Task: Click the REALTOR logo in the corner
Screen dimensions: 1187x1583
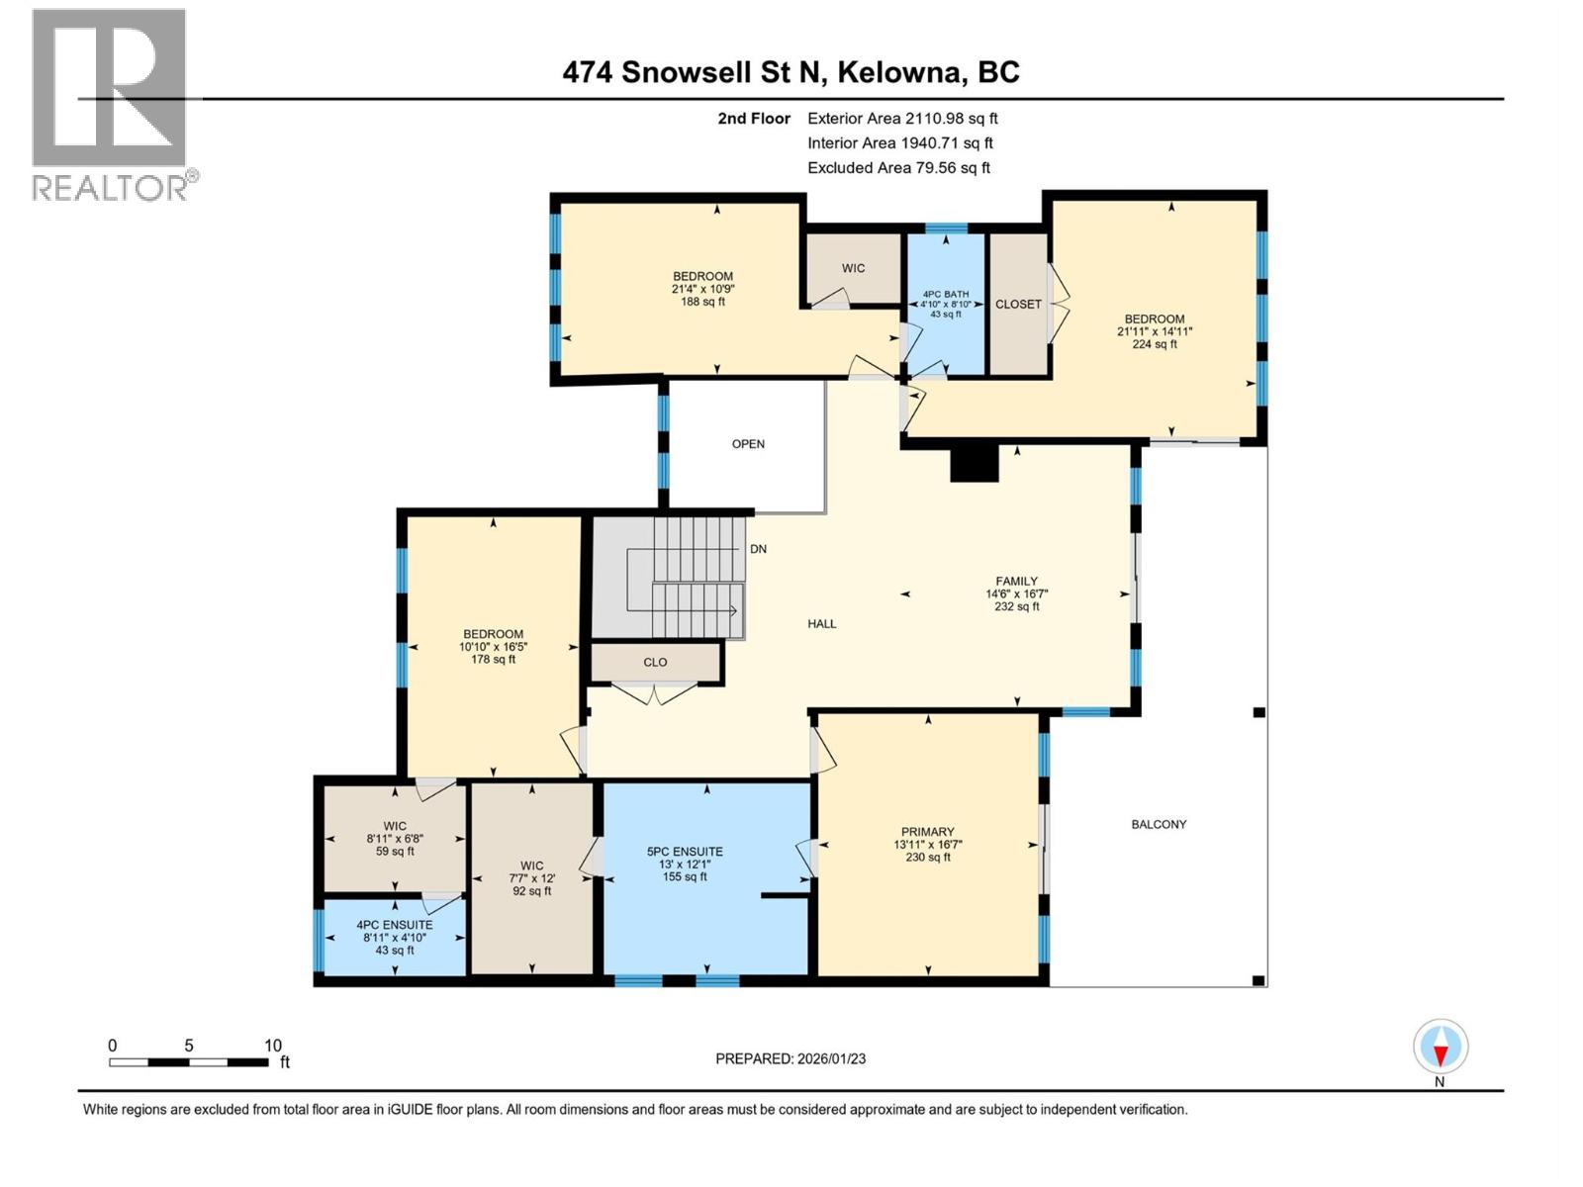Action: (110, 104)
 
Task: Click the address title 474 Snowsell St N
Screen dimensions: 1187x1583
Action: (791, 72)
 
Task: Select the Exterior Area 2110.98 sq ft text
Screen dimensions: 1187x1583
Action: (901, 119)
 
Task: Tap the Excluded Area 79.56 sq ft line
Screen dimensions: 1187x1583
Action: (897, 168)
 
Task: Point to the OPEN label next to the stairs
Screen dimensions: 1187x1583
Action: (748, 444)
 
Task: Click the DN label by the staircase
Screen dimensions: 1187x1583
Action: (758, 549)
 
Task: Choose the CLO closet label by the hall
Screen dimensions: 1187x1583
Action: (655, 663)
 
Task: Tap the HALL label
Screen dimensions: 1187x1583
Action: (821, 624)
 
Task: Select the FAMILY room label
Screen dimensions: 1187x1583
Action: (1016, 582)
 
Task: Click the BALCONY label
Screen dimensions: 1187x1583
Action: (1159, 824)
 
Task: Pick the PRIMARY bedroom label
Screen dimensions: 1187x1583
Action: (927, 832)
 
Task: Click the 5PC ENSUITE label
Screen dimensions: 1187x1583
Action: (685, 852)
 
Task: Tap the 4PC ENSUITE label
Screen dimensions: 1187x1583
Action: (395, 926)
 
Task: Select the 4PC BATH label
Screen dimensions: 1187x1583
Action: (945, 294)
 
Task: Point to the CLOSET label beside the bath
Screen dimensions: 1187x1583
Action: (1018, 305)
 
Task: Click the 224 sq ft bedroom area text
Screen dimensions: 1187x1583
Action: (1154, 345)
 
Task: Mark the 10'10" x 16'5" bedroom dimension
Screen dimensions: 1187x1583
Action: (493, 647)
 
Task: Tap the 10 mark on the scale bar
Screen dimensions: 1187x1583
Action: (273, 1046)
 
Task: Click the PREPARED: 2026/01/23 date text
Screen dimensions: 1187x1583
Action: (791, 1058)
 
